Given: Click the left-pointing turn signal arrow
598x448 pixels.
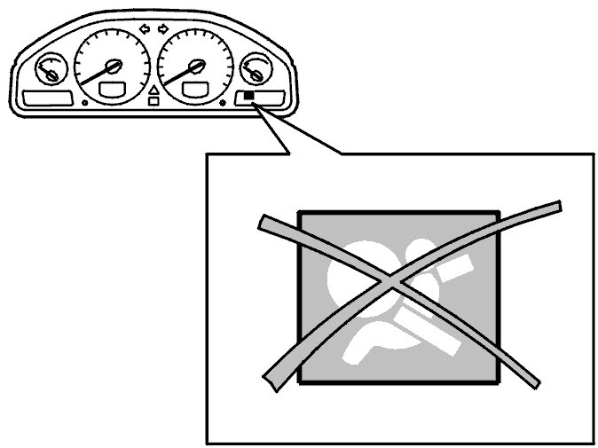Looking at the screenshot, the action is [146, 28].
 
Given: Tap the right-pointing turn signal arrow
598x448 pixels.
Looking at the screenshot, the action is [163, 28].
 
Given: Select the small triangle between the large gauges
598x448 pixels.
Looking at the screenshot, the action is [154, 90].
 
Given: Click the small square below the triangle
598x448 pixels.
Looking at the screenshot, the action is [154, 101].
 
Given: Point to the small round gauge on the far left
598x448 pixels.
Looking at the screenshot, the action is [49, 69].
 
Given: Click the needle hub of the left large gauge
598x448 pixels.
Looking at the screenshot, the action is [114, 65].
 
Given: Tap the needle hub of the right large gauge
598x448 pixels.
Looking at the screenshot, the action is [196, 64].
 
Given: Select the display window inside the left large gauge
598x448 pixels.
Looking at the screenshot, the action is [113, 88].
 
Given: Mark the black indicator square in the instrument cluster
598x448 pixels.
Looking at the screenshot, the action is [250, 96].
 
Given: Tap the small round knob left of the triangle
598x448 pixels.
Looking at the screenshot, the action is [83, 103].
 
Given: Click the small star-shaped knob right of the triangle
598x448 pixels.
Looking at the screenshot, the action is [223, 103].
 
